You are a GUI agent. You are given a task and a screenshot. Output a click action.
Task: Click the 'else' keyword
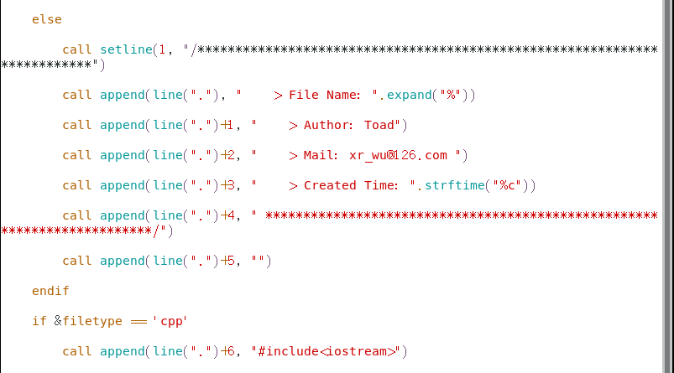[x=47, y=19]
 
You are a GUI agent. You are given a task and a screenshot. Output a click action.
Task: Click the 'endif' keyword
[x=50, y=291]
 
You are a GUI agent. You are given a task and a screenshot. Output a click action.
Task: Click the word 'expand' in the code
[x=409, y=95]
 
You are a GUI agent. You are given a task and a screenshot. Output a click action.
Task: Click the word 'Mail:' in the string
[x=321, y=155]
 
